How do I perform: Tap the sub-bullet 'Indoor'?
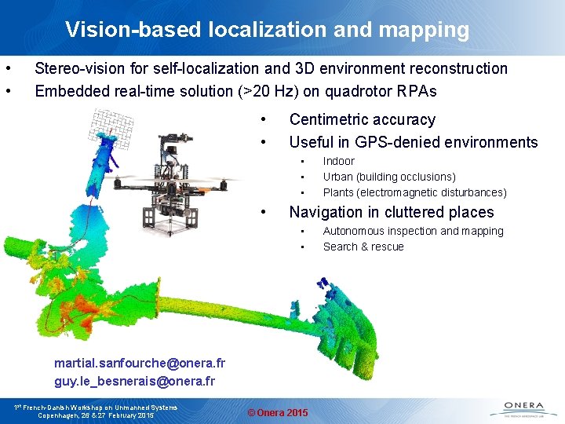pyautogui.click(x=339, y=161)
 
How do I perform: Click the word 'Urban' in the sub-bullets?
pyautogui.click(x=339, y=177)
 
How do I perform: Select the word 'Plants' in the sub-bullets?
pyautogui.click(x=339, y=192)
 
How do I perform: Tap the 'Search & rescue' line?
pyautogui.click(x=363, y=247)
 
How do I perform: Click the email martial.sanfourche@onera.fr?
pyautogui.click(x=140, y=364)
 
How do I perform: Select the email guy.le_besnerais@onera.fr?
pyautogui.click(x=134, y=381)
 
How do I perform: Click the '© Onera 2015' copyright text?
pyautogui.click(x=278, y=413)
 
